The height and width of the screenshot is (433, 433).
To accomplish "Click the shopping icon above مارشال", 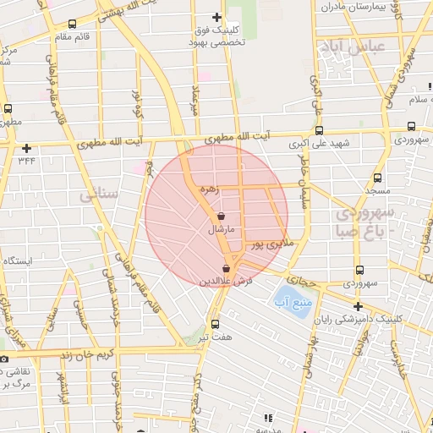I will (221, 216).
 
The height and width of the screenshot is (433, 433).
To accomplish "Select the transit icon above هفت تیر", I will (215, 324).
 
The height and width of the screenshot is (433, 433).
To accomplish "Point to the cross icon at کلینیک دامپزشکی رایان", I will (358, 306).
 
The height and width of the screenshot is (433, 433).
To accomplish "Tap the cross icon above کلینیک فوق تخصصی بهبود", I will (216, 17).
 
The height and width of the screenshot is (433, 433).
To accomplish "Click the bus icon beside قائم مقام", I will (71, 25).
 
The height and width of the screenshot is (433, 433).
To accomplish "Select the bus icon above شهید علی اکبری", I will (319, 130).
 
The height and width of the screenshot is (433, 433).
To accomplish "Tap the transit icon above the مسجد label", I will (377, 178).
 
